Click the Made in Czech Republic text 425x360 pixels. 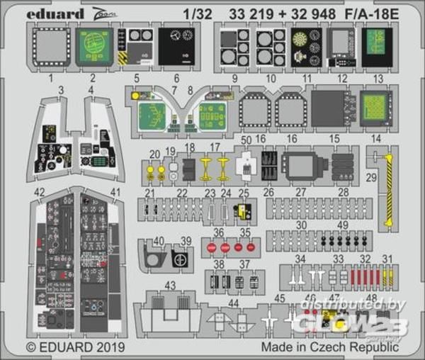click(x=329, y=347)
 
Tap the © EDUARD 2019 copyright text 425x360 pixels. click(x=76, y=347)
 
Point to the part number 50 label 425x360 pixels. click(x=246, y=140)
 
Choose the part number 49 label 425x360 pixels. click(x=342, y=225)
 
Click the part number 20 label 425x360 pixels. click(x=154, y=154)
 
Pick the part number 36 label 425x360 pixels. click(x=218, y=232)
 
